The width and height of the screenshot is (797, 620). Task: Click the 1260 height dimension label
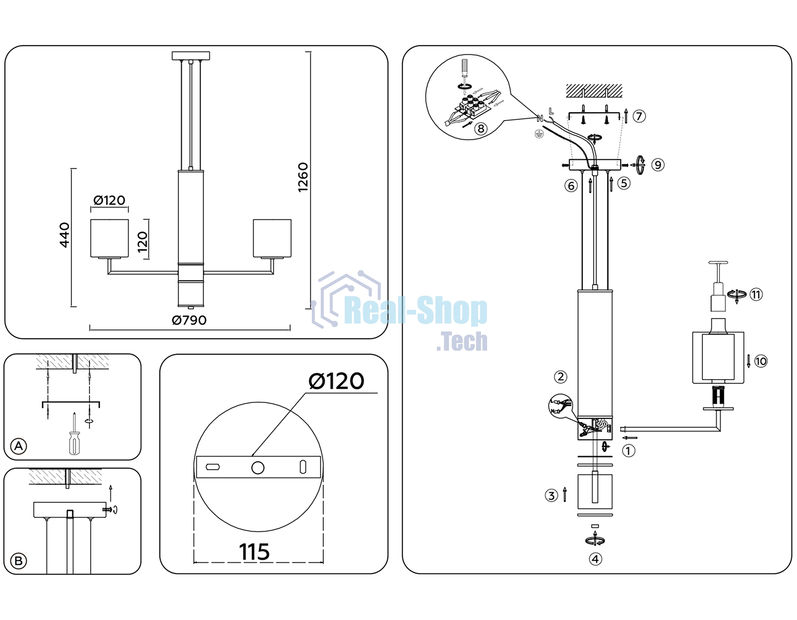[x=303, y=177]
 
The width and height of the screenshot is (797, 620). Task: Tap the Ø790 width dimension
[x=189, y=320]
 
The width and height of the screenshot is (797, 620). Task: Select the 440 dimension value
[x=65, y=235]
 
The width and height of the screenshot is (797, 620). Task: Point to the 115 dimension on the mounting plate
[x=254, y=552]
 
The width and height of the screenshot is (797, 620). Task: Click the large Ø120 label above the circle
[x=337, y=381]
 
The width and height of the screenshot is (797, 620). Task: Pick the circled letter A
[x=19, y=446]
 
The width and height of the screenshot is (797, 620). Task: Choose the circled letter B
[x=19, y=561]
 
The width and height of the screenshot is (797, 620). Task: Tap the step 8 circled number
[x=481, y=128]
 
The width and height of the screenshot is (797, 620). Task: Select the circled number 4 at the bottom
[x=595, y=559]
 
